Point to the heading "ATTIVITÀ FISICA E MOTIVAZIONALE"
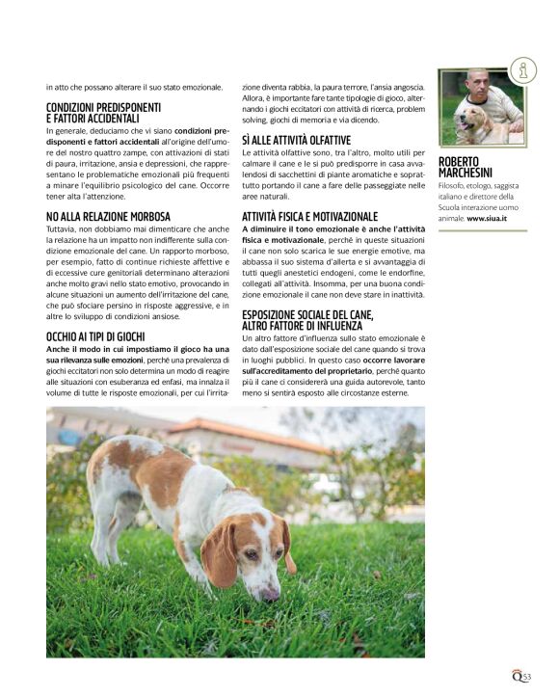309,216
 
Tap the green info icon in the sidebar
523,69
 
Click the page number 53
527,677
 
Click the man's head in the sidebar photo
478,81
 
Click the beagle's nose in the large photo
271,594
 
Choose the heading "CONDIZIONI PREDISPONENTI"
103,107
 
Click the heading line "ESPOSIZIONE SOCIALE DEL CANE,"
307,315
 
